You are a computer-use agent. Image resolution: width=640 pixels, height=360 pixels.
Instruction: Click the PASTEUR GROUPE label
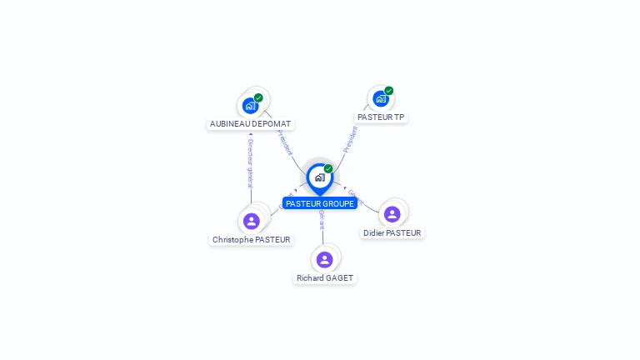tap(320, 203)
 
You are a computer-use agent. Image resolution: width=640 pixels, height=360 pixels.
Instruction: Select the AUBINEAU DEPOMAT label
tap(250, 123)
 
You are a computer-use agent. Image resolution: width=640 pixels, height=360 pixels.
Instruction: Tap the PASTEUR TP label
tap(381, 117)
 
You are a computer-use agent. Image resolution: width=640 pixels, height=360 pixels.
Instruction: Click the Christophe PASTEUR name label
tap(252, 239)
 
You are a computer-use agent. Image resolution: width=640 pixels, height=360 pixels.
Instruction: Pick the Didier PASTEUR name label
tap(392, 233)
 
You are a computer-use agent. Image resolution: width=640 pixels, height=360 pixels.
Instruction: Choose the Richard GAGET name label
tap(325, 277)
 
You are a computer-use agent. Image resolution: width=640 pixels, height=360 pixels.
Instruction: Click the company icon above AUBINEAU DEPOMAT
tap(249, 106)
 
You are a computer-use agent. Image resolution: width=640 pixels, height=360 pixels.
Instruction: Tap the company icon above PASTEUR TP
tap(381, 99)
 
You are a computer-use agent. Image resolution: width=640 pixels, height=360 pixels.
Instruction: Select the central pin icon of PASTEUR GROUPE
tap(319, 177)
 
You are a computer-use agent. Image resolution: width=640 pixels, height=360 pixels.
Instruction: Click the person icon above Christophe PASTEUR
tap(252, 221)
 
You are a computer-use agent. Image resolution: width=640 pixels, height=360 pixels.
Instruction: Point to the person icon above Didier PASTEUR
tap(392, 214)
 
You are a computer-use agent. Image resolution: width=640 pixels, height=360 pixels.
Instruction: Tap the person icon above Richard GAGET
tap(325, 259)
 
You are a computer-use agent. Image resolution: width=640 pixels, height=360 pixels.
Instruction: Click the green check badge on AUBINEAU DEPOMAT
tap(258, 97)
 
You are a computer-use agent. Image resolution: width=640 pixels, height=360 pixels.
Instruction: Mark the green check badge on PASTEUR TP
tap(389, 91)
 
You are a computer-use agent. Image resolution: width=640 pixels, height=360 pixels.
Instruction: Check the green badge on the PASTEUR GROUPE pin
tap(328, 169)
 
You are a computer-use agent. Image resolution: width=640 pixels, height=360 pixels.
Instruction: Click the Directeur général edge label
tap(250, 163)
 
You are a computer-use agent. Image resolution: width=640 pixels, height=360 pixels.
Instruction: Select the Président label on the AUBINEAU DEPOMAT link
tap(284, 142)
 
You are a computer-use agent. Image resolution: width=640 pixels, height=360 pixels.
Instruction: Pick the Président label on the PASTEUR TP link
tap(350, 139)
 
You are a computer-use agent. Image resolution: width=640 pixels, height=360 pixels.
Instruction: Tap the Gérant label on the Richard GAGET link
tap(322, 219)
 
